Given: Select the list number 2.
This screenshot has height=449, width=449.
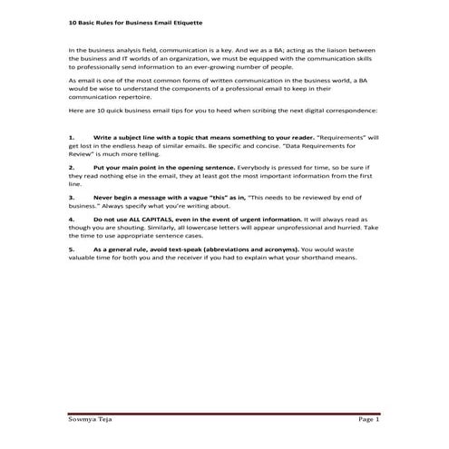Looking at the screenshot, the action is pyautogui.click(x=72, y=168).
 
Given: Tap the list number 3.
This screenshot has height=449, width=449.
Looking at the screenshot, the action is pyautogui.click(x=72, y=195).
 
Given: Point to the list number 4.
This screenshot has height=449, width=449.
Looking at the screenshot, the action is pyautogui.click(x=72, y=220).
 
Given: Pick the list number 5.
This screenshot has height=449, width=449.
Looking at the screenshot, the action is pyautogui.click(x=72, y=248).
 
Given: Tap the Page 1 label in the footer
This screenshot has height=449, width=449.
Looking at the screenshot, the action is pyautogui.click(x=368, y=420).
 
